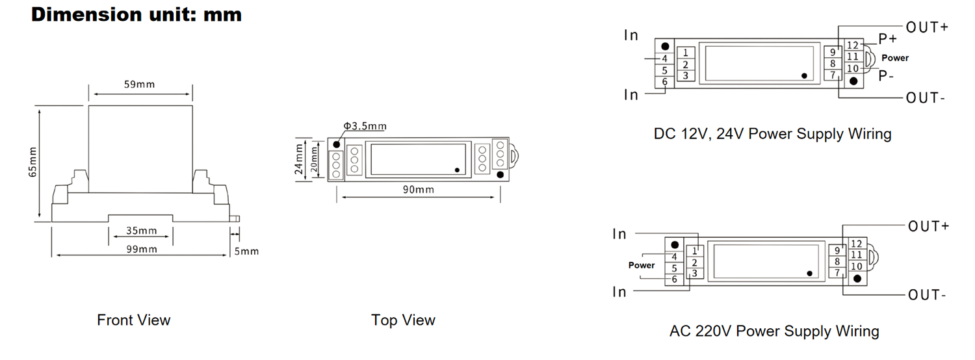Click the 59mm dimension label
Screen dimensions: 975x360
(139, 84)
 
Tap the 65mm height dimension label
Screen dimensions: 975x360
(32, 162)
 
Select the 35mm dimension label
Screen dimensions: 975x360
(142, 231)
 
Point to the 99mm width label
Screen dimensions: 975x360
(142, 250)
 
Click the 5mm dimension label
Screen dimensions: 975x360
(246, 251)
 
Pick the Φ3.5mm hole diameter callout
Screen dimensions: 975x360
(365, 126)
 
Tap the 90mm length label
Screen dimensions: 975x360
(419, 190)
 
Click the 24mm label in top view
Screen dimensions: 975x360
(298, 159)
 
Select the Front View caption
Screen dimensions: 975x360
(134, 320)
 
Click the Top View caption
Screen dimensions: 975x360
(403, 320)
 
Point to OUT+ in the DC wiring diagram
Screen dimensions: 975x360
(927, 27)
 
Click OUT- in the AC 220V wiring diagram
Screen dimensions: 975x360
(927, 295)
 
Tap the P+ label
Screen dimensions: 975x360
(888, 39)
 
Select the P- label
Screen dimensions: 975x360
(886, 76)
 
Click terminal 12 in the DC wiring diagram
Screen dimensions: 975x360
(853, 45)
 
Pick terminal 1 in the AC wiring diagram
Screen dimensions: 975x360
(695, 251)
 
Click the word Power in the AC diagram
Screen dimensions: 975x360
(641, 265)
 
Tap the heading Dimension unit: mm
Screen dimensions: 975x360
(136, 15)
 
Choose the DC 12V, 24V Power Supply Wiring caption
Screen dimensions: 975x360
(773, 134)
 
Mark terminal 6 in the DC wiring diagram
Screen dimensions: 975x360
(665, 82)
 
